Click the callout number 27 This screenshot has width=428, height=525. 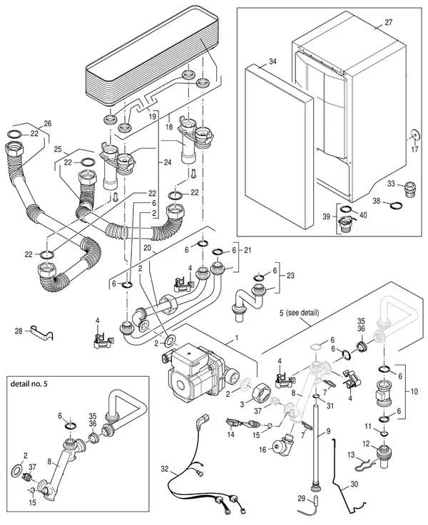(388, 22)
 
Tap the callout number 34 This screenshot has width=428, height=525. (272, 61)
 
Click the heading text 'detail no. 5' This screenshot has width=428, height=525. (29, 384)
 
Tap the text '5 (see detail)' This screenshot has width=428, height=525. (299, 313)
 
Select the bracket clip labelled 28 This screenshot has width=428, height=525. (42, 332)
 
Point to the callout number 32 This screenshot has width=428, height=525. (164, 469)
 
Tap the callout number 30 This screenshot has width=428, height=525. (354, 484)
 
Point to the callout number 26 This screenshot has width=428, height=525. (48, 123)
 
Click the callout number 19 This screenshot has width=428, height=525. (152, 117)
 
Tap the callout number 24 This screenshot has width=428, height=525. (167, 162)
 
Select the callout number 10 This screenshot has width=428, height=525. (414, 391)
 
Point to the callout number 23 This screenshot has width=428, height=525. (290, 275)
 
